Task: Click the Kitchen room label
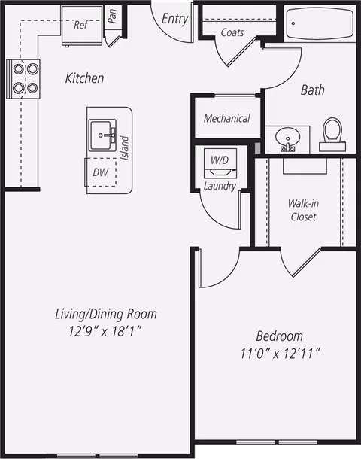click(84, 78)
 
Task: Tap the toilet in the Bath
click(332, 135)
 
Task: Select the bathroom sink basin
click(287, 138)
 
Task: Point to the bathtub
click(320, 23)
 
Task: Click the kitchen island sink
click(102, 135)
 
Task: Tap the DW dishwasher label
click(101, 172)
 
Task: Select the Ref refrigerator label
click(80, 25)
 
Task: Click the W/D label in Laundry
click(220, 160)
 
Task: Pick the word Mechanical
click(227, 118)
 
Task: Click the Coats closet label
click(232, 32)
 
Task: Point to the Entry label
click(174, 19)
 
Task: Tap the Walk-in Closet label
click(303, 210)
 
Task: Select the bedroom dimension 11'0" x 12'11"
click(280, 354)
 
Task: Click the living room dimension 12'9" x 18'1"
click(105, 331)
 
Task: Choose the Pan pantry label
click(112, 16)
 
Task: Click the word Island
click(125, 147)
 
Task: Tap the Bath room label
click(312, 90)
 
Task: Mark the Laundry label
click(220, 186)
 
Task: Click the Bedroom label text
click(279, 336)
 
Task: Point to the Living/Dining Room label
click(106, 314)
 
